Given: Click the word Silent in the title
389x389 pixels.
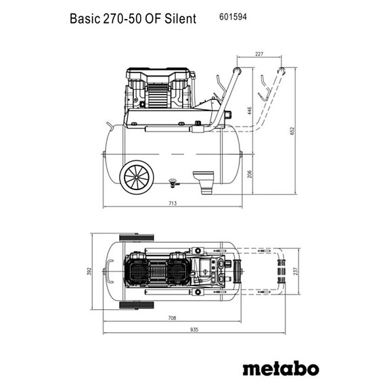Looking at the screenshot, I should (181, 18).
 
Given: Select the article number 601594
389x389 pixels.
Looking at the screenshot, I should (233, 17).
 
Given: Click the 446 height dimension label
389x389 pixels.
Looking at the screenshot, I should (249, 111).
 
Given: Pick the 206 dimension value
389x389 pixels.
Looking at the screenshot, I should (249, 173).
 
